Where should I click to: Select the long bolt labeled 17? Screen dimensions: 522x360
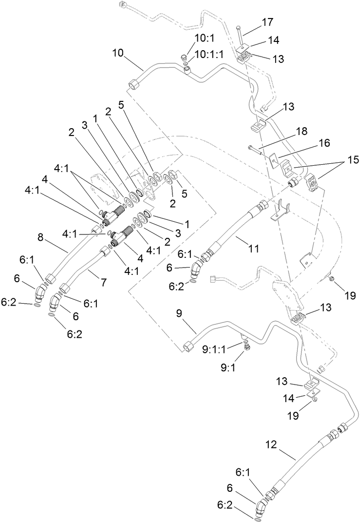click(240, 36)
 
